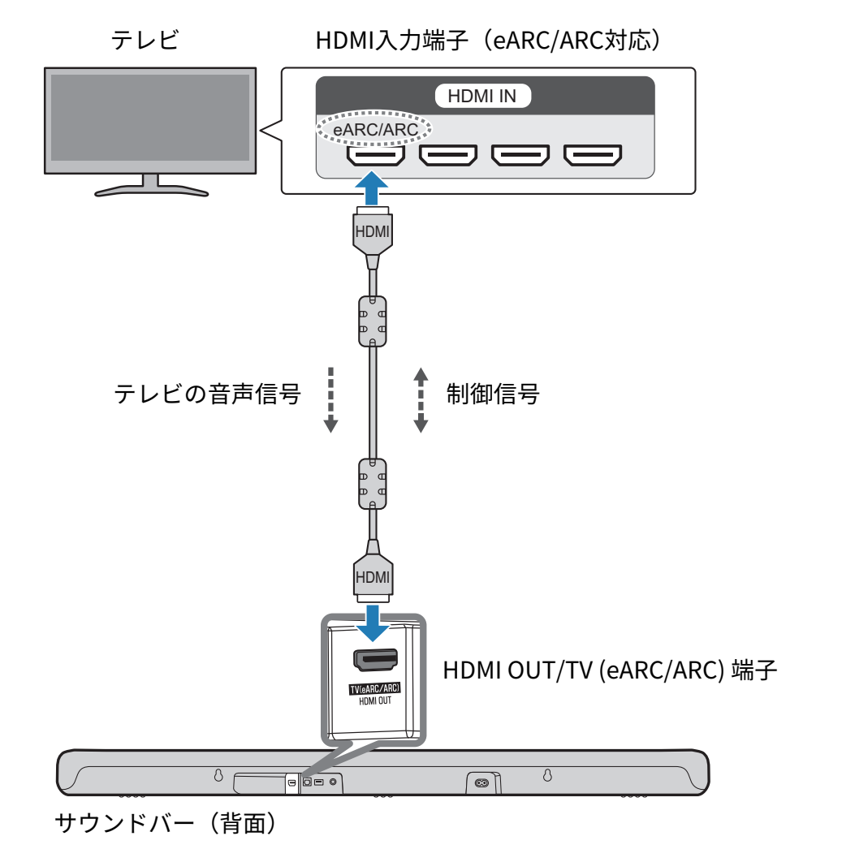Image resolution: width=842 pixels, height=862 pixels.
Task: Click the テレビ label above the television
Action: (x=145, y=40)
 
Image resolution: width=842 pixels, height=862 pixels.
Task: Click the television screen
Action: (x=150, y=118)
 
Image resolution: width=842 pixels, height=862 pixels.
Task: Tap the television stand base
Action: (x=151, y=191)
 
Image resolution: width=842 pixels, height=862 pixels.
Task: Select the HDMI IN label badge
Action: (x=482, y=97)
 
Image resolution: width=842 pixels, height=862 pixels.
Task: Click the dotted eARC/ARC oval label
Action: (x=374, y=129)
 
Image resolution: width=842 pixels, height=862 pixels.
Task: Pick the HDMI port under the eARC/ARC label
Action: (x=376, y=155)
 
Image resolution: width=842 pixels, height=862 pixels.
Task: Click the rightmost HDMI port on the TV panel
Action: (x=593, y=155)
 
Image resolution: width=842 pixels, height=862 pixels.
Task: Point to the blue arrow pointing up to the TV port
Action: (x=373, y=188)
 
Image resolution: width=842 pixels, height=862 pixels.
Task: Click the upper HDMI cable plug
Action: (x=373, y=233)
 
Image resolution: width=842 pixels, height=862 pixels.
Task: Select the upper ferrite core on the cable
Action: (x=373, y=321)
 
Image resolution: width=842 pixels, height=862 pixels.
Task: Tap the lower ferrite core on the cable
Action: (x=373, y=484)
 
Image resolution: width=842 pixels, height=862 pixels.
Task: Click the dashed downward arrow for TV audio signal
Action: (x=330, y=400)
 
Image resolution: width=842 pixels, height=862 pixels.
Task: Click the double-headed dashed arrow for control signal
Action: (x=421, y=400)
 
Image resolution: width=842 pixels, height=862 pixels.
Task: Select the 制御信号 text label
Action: (x=493, y=394)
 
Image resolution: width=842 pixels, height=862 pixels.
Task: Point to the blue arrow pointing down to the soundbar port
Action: (x=373, y=623)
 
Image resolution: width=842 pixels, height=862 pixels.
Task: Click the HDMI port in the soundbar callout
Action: (x=375, y=660)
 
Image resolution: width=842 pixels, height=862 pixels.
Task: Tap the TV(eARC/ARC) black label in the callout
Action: (x=375, y=689)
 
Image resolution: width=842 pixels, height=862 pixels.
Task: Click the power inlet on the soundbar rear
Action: (x=481, y=782)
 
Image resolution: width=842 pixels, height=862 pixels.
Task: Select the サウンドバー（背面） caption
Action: (x=166, y=823)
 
